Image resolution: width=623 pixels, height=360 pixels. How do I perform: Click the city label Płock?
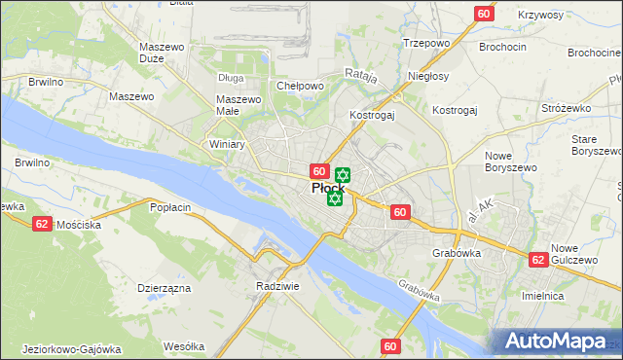coord(325,189)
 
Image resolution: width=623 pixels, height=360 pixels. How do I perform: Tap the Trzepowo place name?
coord(425,43)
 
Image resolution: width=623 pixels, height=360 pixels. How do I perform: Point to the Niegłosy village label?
coord(429,75)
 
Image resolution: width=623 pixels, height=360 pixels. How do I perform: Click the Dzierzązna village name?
coord(163,288)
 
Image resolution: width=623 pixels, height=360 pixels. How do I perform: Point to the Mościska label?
coord(79,224)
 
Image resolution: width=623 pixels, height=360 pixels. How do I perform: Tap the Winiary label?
coord(227,144)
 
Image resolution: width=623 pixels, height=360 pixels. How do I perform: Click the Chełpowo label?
coord(300,86)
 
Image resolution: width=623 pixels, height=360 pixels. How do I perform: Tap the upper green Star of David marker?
coord(342,175)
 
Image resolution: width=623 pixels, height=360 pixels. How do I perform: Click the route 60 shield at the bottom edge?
coord(391,345)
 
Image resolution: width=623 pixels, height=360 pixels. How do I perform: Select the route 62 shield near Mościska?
coord(41,223)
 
